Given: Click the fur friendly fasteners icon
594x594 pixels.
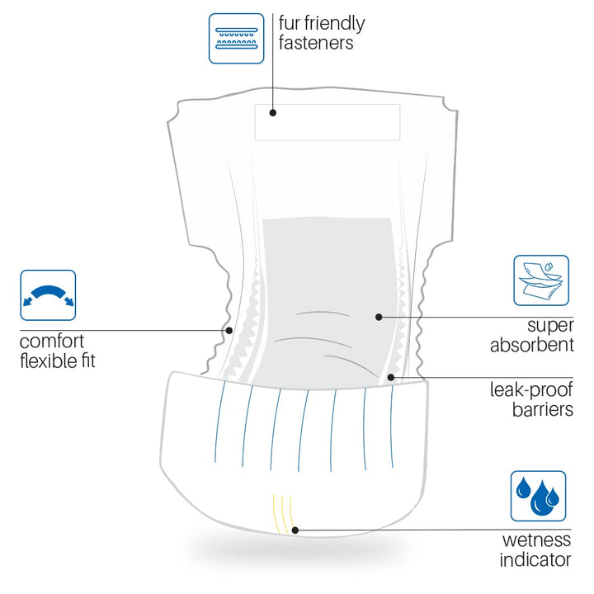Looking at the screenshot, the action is pos(237,39).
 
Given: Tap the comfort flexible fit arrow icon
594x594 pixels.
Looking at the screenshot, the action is pos(48,295).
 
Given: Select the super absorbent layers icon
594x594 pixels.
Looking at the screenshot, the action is pos(541,280).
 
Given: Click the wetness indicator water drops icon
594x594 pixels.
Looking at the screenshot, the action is pos(538,497).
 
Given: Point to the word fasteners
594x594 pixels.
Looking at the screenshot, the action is pos(316,42).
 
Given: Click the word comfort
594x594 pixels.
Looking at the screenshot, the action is pos(52,342).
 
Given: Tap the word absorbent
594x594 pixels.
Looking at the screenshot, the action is pos(532,345).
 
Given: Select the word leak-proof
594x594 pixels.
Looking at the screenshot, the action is pos(531,390).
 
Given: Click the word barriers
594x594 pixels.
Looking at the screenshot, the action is pos(543,409).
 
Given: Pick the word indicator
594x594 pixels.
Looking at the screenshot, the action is pos(535,559).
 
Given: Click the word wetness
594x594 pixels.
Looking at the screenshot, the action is pos(536,540).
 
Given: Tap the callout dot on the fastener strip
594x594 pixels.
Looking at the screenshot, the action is pos(273,112).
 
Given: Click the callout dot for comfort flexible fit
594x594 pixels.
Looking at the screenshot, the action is pos(229,330).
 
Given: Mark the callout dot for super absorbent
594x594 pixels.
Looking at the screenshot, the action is pos(379,317).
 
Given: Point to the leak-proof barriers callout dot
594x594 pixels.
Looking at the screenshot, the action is pos(391,377).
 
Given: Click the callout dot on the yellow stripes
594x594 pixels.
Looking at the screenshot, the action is pos(295,530).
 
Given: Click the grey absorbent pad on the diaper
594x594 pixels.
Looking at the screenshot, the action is pos(326,288).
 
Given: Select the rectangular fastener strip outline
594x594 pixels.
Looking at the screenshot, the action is pos(328,105).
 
